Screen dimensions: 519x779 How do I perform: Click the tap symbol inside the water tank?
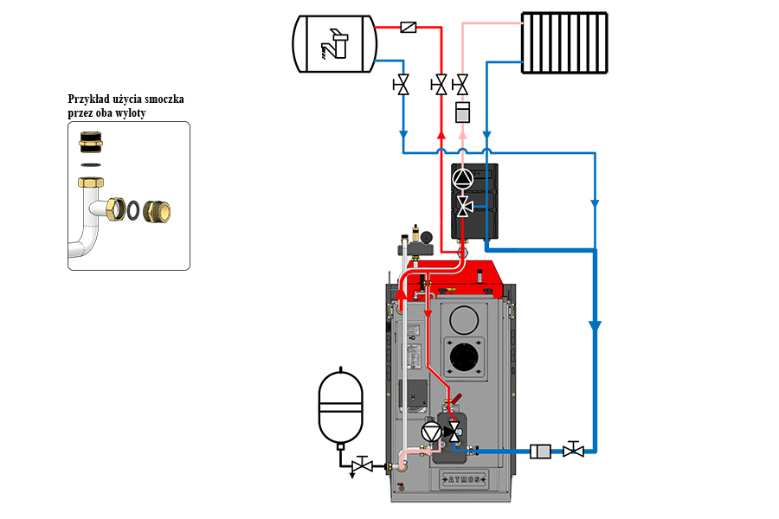[x=332, y=43]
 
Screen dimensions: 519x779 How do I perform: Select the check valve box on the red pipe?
[x=409, y=28]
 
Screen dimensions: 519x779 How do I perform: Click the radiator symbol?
[x=564, y=42]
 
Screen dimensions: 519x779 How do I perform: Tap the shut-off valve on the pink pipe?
[x=462, y=85]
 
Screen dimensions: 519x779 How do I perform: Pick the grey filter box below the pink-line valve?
[x=462, y=112]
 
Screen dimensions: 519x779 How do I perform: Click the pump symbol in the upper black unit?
[x=464, y=179]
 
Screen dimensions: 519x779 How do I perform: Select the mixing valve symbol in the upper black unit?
[x=464, y=206]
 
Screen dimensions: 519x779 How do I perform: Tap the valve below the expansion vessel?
[x=363, y=465]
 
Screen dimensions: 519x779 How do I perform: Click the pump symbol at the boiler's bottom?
[x=431, y=432]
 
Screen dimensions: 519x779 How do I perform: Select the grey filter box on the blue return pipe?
[x=540, y=451]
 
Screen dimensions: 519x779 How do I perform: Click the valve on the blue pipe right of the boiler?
[x=572, y=450]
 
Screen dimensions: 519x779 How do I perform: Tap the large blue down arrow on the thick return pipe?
[x=595, y=327]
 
